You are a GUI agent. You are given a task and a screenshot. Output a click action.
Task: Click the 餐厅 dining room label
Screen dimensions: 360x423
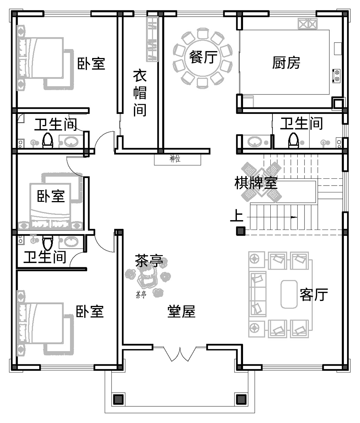pos(203,57)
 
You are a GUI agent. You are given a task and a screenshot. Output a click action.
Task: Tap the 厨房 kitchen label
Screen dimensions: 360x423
pos(286,63)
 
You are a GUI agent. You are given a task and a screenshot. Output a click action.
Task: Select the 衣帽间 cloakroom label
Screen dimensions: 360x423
pos(140,93)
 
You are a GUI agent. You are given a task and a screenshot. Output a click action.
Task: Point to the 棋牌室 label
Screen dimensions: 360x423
pos(256,183)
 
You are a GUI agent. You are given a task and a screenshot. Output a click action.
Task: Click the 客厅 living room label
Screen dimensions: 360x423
pos(314,295)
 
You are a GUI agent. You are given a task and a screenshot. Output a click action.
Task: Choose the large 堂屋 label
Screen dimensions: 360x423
pos(181,312)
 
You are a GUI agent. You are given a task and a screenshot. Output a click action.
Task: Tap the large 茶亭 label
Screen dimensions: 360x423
pos(149,261)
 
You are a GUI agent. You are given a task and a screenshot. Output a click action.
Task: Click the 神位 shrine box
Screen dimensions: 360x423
pos(177,159)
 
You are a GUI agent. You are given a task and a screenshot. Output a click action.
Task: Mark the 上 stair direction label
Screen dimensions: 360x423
pos(237,215)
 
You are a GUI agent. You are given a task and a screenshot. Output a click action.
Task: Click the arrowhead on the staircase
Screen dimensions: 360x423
pos(294,217)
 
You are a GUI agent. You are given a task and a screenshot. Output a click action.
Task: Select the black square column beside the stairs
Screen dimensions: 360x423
pos(240,231)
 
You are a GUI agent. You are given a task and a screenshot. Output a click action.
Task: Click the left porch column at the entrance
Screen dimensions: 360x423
pos(118,399)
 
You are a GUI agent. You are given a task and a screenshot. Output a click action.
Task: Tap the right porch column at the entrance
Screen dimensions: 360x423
pos(241,399)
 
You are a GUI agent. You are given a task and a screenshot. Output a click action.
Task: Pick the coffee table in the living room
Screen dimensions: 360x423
pos(289,294)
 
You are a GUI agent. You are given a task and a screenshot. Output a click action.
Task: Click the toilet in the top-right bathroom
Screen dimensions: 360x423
pos(293,141)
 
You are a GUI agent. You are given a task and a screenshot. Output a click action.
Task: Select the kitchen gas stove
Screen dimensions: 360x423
pos(336,76)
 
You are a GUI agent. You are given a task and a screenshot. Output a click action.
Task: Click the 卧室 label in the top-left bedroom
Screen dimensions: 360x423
pos(91,64)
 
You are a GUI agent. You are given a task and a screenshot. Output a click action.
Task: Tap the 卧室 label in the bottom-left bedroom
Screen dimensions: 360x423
pos(90,312)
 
